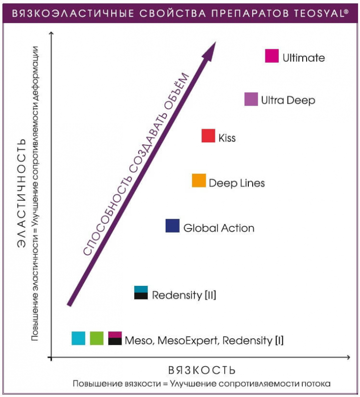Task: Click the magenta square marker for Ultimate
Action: (x=272, y=56)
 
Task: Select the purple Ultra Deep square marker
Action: (x=251, y=99)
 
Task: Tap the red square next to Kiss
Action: (x=208, y=136)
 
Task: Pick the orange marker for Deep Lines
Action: (x=199, y=181)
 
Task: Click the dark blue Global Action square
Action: (x=172, y=226)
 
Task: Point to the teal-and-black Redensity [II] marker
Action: (x=141, y=292)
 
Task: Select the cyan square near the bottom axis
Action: (x=78, y=338)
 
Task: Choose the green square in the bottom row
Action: (x=97, y=338)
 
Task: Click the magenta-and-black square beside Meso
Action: (x=115, y=338)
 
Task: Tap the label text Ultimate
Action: (x=304, y=58)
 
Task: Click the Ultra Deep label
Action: (x=288, y=101)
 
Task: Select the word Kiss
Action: (x=227, y=138)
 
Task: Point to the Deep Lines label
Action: (x=237, y=183)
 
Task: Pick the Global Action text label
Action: (x=219, y=228)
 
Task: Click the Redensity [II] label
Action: (x=184, y=295)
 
